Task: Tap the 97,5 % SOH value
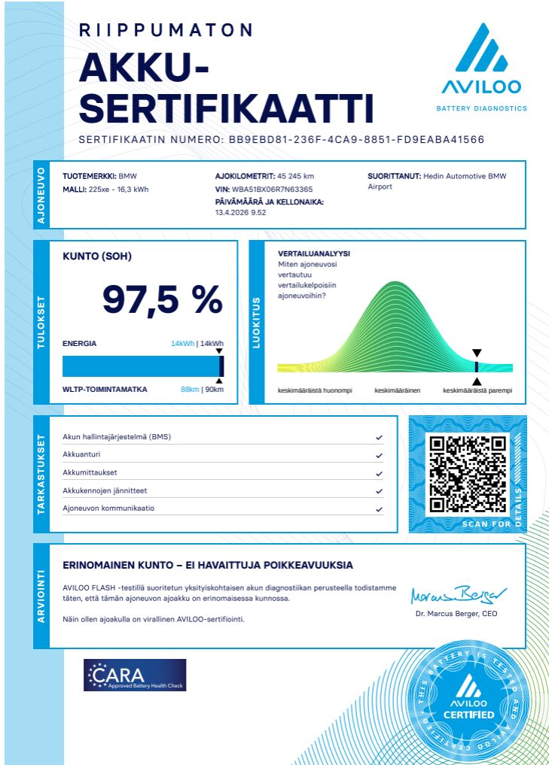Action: pos(162,299)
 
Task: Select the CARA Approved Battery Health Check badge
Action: pos(135,675)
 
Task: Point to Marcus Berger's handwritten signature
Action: pos(459,595)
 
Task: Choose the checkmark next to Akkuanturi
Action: pos(380,455)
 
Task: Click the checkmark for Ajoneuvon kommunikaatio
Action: pos(380,509)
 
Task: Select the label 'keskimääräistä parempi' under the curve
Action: pos(477,391)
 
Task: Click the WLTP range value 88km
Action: pos(189,390)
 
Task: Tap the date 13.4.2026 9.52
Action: pos(240,213)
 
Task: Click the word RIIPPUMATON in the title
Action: pos(166,30)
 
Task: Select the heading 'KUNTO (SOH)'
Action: pos(96,257)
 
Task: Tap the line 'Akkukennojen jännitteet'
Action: pos(105,490)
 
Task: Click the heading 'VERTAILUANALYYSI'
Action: pos(314,253)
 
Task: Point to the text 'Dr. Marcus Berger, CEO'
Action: pos(456,614)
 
